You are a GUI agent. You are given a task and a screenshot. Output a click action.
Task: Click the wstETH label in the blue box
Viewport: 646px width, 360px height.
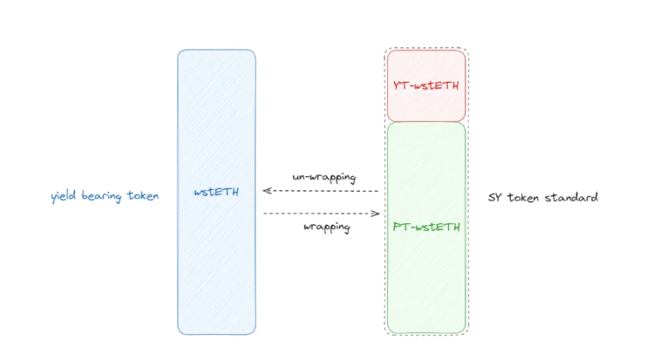pos(216,192)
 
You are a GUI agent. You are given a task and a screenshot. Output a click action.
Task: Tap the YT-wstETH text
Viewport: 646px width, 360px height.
pos(426,85)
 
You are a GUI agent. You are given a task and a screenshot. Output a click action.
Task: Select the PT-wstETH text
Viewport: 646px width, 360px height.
pos(426,226)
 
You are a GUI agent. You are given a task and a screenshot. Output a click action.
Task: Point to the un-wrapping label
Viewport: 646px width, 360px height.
pos(324,177)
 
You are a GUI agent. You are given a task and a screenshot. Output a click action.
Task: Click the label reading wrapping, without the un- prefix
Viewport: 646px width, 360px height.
pos(326,227)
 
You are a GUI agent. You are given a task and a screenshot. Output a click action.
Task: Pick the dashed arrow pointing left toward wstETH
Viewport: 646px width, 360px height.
pos(320,191)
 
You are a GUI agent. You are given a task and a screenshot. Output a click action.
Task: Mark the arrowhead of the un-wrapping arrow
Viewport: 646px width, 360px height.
pos(266,191)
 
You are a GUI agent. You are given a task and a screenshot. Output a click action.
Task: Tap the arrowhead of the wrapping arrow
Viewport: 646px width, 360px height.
pos(376,214)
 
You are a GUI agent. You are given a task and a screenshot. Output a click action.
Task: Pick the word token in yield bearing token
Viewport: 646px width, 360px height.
pos(144,196)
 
